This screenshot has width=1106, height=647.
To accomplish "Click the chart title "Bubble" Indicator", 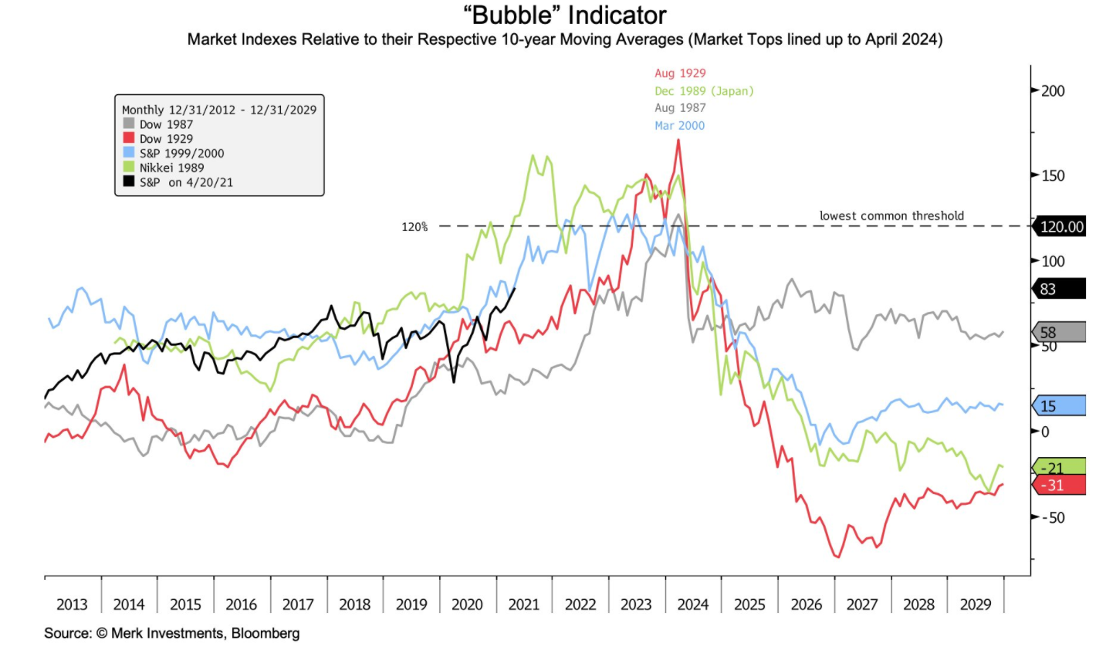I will [x=553, y=15].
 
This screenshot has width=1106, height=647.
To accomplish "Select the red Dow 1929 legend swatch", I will [x=128, y=137].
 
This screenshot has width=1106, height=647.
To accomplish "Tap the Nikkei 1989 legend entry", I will [x=166, y=166].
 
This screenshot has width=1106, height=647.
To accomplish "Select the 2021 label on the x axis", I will [x=524, y=604].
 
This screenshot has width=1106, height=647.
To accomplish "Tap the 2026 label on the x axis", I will [x=806, y=604].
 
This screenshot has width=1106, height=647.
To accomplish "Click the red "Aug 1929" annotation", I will [x=680, y=73].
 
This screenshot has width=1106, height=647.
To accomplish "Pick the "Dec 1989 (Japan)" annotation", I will [x=704, y=91].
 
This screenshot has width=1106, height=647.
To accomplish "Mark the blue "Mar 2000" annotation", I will [x=679, y=126].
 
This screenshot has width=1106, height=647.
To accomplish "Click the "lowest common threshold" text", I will [x=891, y=215].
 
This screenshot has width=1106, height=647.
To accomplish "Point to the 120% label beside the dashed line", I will [x=414, y=227].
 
